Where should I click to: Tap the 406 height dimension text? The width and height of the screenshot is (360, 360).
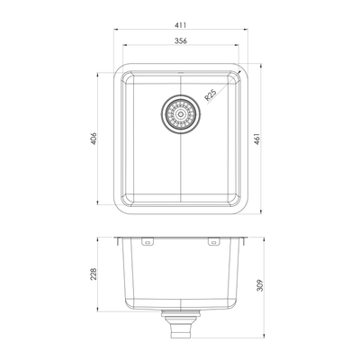point(94,140)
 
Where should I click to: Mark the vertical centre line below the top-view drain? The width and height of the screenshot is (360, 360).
point(180,171)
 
